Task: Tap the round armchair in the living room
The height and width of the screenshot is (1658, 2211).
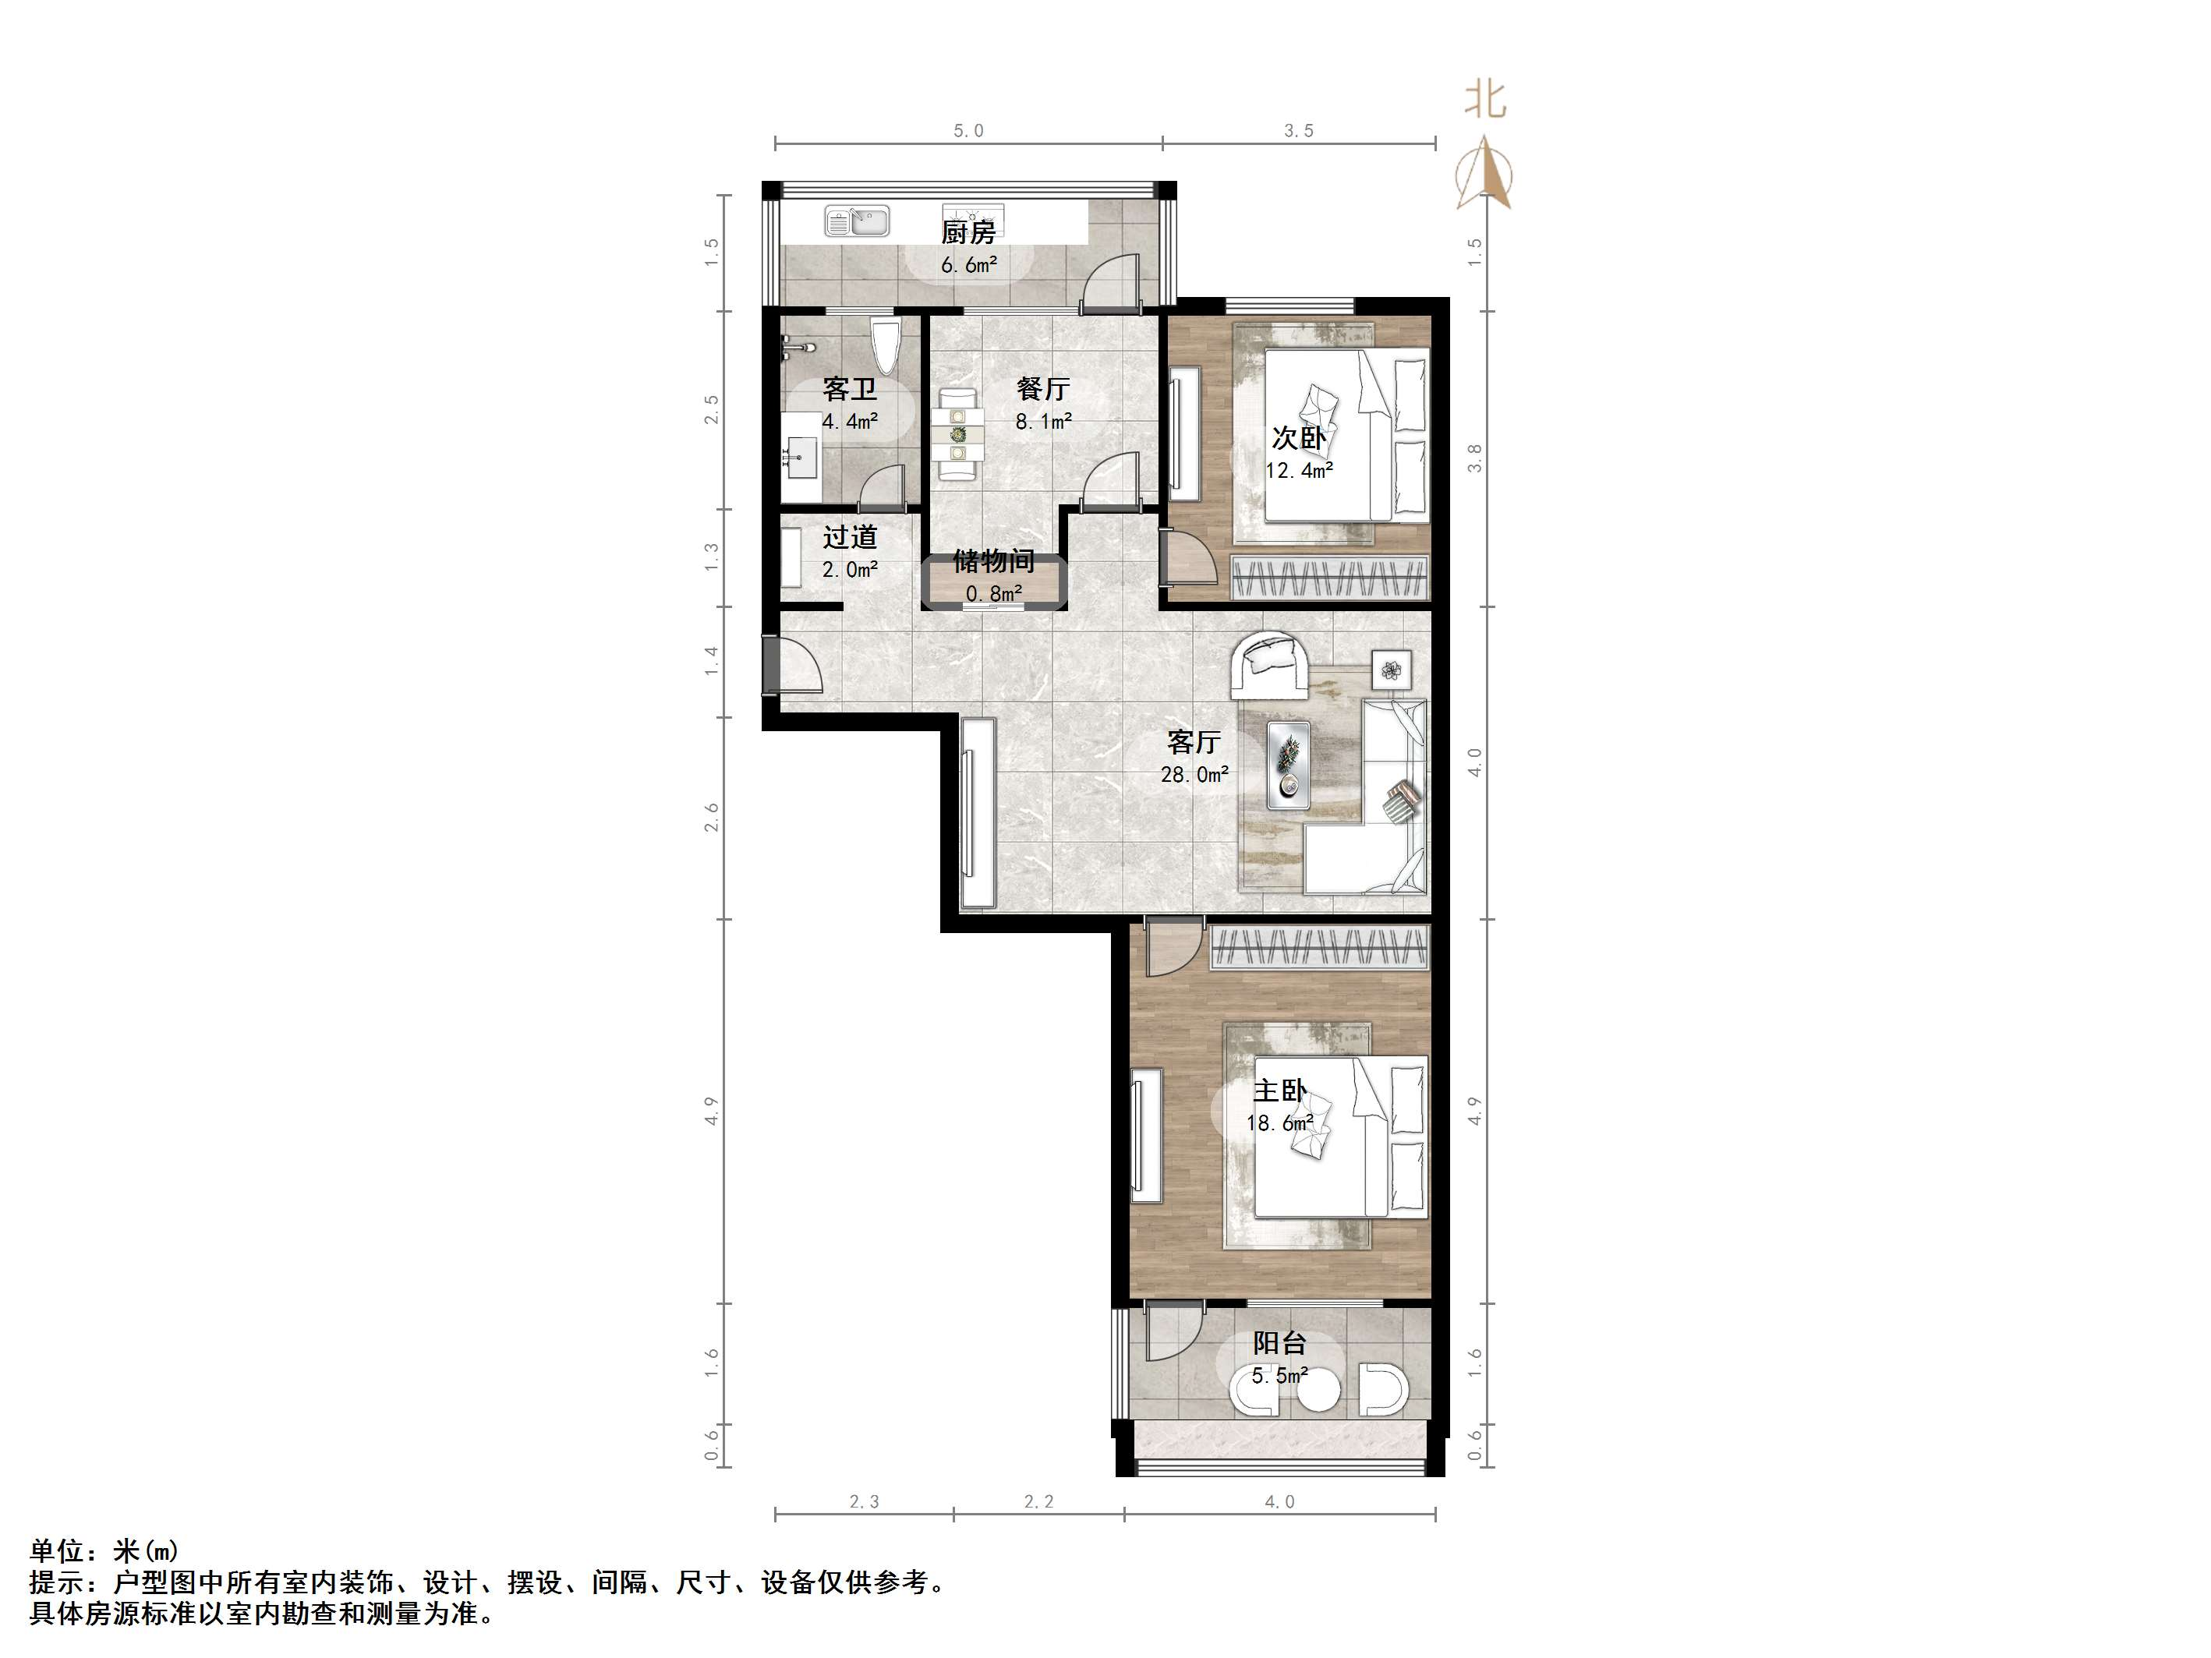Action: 1268,663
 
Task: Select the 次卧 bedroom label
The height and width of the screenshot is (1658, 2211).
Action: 1298,438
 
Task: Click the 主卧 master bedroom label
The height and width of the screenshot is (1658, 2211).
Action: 1279,1091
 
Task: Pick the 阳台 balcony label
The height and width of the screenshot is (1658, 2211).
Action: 1279,1343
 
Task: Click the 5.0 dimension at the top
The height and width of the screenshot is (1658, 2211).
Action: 968,131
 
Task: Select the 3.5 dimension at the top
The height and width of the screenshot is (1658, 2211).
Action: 1298,131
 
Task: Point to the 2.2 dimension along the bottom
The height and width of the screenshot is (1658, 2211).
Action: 1038,1501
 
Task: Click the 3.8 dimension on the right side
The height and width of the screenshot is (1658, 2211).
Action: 1474,458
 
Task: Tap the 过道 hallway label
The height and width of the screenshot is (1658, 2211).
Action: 850,538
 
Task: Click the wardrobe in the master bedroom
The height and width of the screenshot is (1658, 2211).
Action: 1319,946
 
